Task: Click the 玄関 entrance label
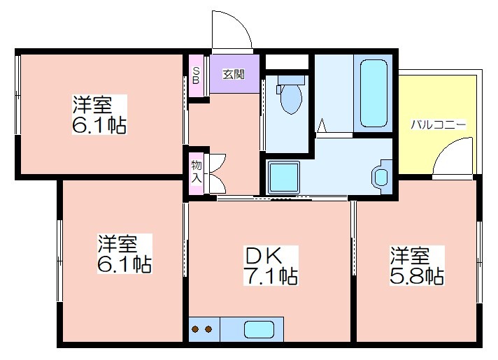point(234,74)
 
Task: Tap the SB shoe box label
point(196,75)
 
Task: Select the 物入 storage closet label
point(197,172)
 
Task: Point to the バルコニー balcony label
point(439,124)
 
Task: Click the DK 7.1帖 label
point(271,266)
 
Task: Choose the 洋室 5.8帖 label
point(417,266)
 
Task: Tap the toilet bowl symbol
point(291,99)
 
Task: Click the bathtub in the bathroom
point(373,94)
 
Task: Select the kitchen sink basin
point(259,329)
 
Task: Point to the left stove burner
point(195,329)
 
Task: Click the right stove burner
point(208,329)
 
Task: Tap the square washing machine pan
point(284,177)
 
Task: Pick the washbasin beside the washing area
point(381,177)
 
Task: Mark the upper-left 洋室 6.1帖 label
point(99,114)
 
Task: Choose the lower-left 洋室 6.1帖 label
point(124,254)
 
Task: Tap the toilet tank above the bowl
point(291,80)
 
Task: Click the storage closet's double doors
point(217,173)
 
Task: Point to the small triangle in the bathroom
point(322,126)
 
